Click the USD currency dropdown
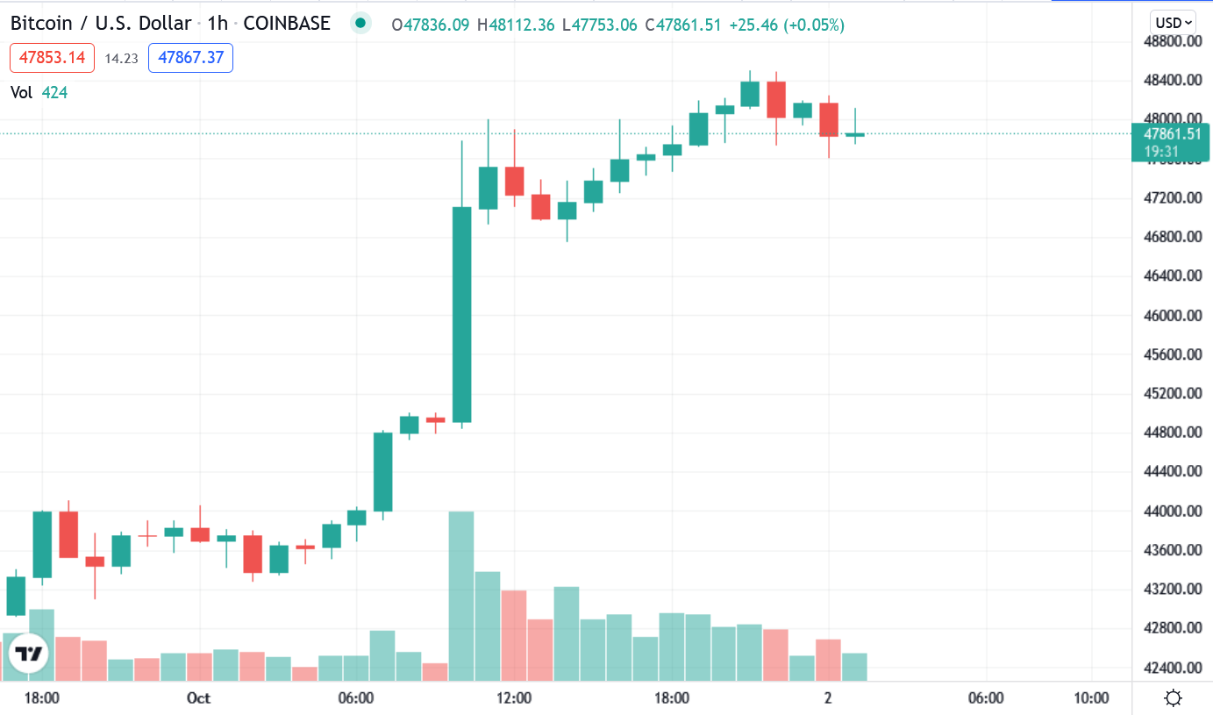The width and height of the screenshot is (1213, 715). click(x=1174, y=23)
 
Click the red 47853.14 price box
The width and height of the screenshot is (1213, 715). click(x=52, y=58)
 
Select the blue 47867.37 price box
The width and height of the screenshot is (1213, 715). click(x=190, y=58)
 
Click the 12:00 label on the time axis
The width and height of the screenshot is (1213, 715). click(x=514, y=698)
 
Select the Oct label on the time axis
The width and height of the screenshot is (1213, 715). click(x=199, y=698)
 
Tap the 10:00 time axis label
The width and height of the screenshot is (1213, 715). click(x=1090, y=698)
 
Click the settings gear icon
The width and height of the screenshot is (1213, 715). click(x=1173, y=698)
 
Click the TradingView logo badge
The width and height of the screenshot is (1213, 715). click(x=29, y=654)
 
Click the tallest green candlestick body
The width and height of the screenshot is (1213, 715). click(x=461, y=314)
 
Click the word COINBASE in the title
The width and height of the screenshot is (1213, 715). click(x=287, y=24)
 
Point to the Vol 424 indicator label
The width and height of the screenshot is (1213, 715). click(x=39, y=92)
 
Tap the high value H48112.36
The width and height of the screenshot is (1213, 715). click(x=516, y=25)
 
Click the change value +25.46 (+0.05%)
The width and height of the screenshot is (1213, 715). click(x=787, y=25)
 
